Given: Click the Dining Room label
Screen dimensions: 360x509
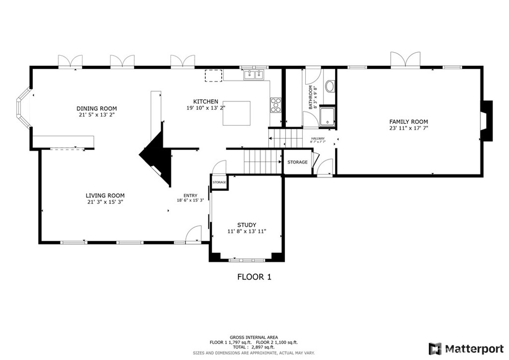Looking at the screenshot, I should pyautogui.click(x=96, y=108).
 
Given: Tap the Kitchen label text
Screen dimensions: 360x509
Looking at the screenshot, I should pyautogui.click(x=205, y=101).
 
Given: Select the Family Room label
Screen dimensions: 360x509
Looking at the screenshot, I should pyautogui.click(x=408, y=122).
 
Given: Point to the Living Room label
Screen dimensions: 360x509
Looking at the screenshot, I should pyautogui.click(x=105, y=195).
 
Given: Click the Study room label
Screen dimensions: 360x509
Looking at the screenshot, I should pyautogui.click(x=247, y=225).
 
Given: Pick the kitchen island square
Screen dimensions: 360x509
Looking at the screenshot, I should pyautogui.click(x=236, y=113).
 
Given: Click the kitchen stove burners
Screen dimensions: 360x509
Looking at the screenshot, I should pyautogui.click(x=275, y=105).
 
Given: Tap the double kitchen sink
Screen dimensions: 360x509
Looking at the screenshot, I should pyautogui.click(x=254, y=75).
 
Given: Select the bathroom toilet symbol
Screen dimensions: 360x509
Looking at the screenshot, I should pyautogui.click(x=330, y=87).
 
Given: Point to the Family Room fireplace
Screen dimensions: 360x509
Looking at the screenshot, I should pyautogui.click(x=486, y=121).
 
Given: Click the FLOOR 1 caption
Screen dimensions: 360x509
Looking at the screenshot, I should pyautogui.click(x=254, y=277).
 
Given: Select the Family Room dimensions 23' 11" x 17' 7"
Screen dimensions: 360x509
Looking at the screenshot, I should pyautogui.click(x=408, y=128).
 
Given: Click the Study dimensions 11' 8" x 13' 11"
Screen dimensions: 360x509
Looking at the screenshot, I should pyautogui.click(x=247, y=231).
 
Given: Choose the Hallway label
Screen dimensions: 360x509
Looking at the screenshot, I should pyautogui.click(x=318, y=139).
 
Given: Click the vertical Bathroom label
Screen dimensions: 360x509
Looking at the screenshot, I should pyautogui.click(x=311, y=97).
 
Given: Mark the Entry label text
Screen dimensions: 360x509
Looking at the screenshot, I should pyautogui.click(x=190, y=195).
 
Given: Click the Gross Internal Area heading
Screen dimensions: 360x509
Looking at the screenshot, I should pyautogui.click(x=254, y=337).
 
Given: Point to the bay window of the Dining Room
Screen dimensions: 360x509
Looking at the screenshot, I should pyautogui.click(x=23, y=107).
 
